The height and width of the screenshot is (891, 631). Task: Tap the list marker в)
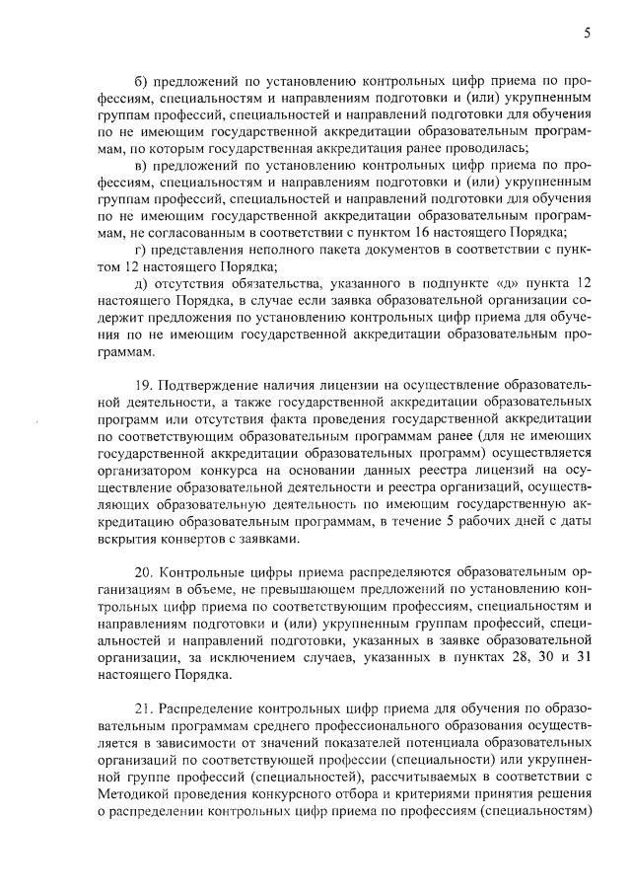140,165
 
